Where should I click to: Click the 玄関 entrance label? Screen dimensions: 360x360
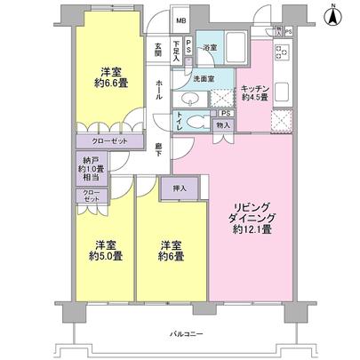point(157,52)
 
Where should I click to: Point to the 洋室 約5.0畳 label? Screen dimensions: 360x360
point(105,252)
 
